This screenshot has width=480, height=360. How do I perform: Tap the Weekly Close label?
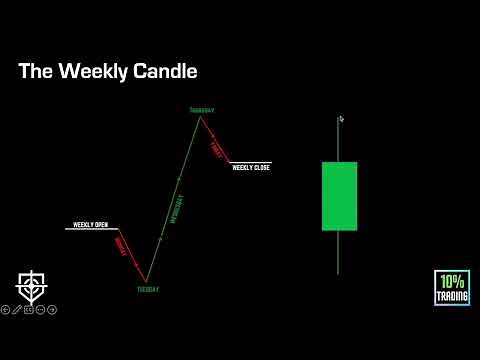click(251, 167)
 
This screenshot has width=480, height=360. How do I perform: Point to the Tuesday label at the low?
click(147, 289)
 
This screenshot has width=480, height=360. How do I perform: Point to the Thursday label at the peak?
click(202, 109)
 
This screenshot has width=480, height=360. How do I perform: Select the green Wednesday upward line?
click(174, 200)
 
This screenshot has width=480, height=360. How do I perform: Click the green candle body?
click(339, 196)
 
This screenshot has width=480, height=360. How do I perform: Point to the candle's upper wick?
click(339, 140)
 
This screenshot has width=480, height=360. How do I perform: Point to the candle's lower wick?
click(339, 252)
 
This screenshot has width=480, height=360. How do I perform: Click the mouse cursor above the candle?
click(341, 119)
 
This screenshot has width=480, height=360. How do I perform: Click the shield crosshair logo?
click(31, 285)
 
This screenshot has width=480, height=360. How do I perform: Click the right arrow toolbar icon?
click(53, 309)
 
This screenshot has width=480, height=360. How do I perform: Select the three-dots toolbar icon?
click(41, 309)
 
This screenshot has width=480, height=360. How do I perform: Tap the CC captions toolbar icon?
click(29, 309)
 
